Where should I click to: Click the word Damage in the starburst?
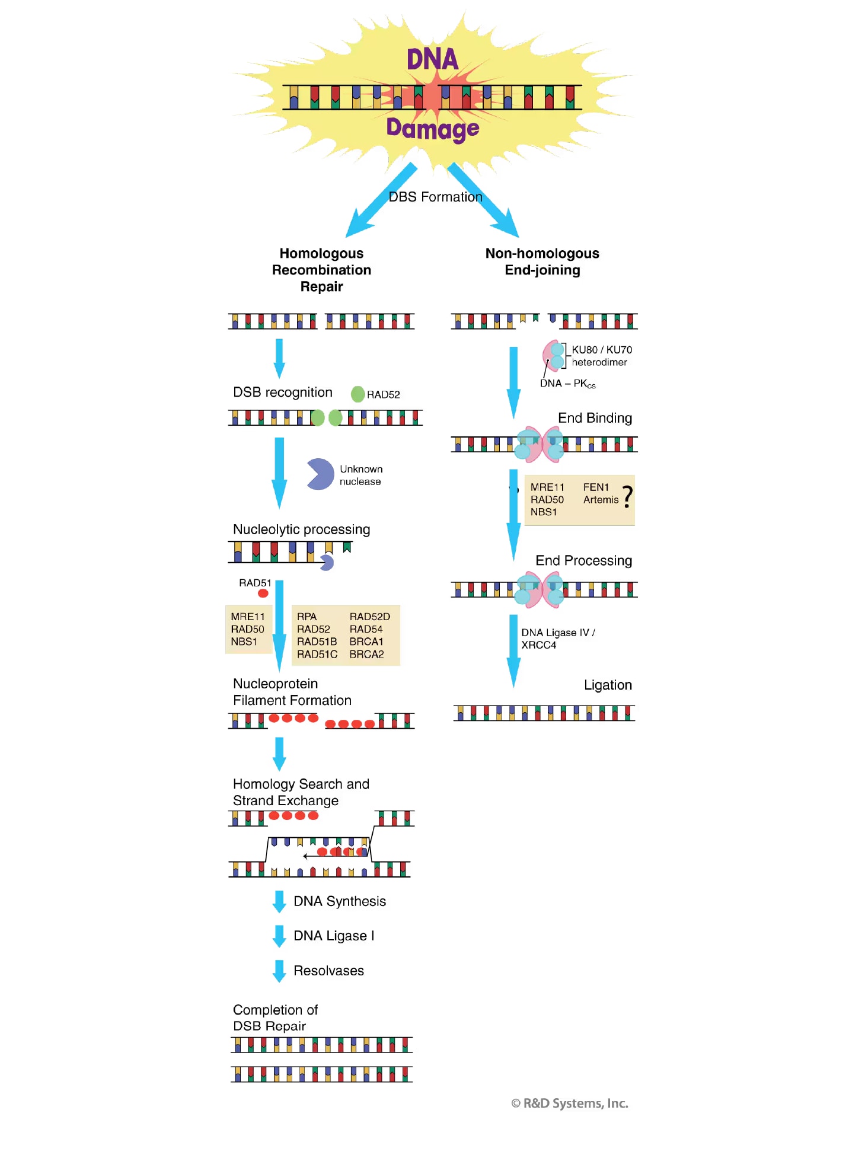432,129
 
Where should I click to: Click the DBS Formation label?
435,197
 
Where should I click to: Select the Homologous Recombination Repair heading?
321,270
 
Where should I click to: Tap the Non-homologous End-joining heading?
542,261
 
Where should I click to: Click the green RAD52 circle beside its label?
358,394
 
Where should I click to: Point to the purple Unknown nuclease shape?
320,474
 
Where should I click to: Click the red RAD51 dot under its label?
263,594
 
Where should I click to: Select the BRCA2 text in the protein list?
366,654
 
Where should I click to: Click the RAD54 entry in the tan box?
366,629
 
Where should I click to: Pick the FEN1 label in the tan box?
596,487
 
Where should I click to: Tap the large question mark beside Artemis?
627,497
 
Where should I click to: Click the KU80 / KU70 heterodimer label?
601,356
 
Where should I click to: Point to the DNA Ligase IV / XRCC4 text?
557,639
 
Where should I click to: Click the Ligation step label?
608,685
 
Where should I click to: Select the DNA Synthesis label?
340,901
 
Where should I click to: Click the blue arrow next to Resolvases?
279,971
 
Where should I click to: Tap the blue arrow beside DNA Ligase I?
279,936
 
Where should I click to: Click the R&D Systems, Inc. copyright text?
570,1103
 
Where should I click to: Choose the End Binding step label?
595,418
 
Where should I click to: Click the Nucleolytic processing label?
301,529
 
